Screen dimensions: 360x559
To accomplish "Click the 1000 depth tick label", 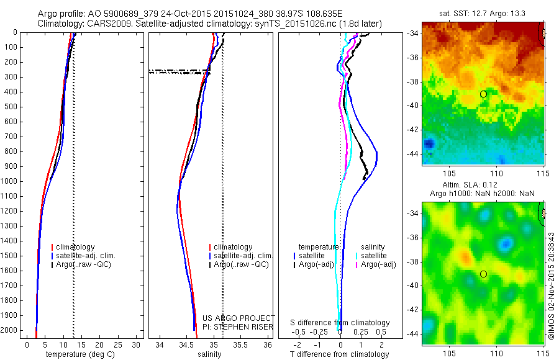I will [11, 181].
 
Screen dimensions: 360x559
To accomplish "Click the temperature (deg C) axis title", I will [78, 354].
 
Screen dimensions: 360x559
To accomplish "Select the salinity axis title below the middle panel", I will [208, 354].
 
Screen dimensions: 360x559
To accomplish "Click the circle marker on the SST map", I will [483, 94].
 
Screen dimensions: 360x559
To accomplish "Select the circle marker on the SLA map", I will [483, 274].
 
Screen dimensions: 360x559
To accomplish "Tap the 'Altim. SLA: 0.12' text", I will [483, 186].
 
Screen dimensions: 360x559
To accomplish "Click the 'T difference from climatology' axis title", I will [339, 354].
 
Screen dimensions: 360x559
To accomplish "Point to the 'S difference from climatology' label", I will [339, 323].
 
